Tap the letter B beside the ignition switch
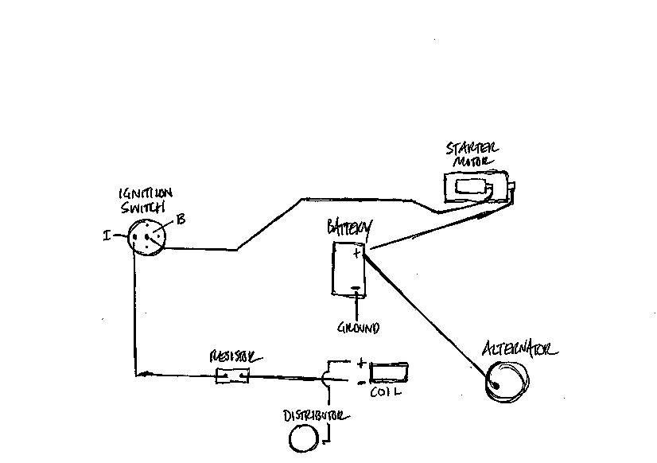pos(181,219)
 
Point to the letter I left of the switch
pos(107,235)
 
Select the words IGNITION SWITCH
pos(145,200)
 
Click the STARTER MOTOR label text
pos(472,154)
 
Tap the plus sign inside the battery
pos(356,253)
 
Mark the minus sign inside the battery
pos(356,288)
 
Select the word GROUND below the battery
pos(358,328)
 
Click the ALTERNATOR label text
pos(519,348)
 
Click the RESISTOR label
pos(235,357)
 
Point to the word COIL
pos(386,392)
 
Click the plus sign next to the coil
pos(361,364)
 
